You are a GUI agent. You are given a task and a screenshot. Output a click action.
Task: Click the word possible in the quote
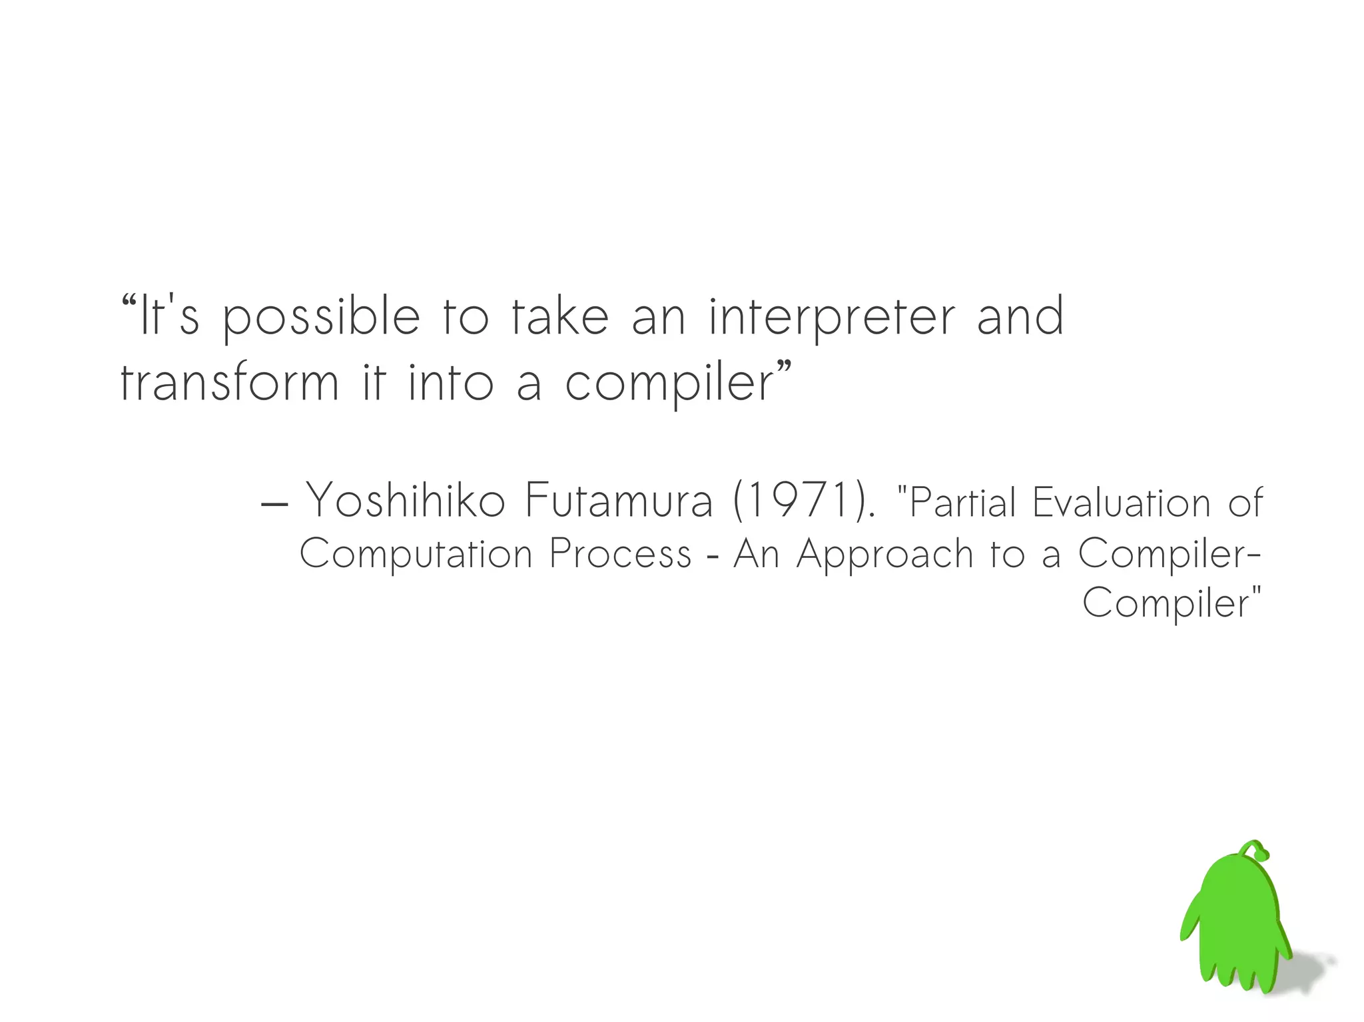coord(321,318)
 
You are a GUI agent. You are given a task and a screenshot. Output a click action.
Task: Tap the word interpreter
coord(832,318)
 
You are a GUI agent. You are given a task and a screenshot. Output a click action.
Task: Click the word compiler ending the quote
coord(669,384)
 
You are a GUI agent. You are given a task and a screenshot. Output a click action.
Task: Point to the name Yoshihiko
coord(405,500)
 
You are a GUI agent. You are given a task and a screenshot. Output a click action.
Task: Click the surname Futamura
coord(619,500)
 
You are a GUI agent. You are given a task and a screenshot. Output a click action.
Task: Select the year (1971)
coord(803,500)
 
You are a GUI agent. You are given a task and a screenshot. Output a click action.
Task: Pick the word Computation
coord(416,554)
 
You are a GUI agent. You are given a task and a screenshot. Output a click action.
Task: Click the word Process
coord(621,554)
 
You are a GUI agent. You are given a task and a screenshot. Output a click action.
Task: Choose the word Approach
coord(885,554)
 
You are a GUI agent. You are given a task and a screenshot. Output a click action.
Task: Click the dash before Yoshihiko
coord(274,504)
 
